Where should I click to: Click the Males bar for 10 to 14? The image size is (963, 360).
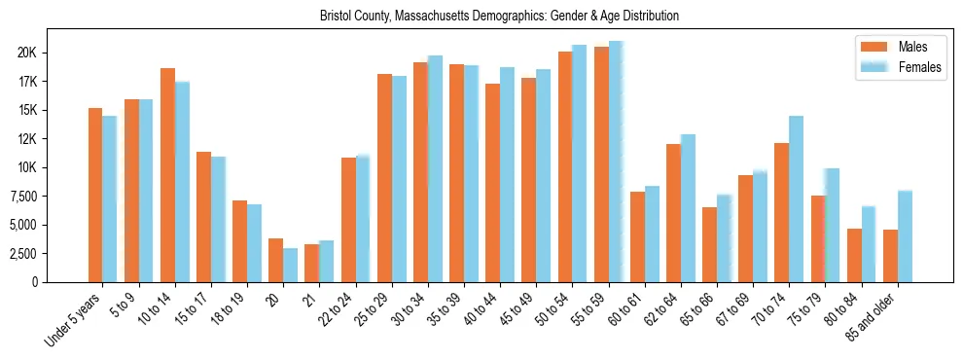pyautogui.click(x=167, y=175)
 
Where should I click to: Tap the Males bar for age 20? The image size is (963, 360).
pyautogui.click(x=275, y=260)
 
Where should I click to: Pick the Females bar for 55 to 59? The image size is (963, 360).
pyautogui.click(x=616, y=162)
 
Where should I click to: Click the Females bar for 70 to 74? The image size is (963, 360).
pyautogui.click(x=796, y=198)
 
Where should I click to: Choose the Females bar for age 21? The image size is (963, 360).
pyautogui.click(x=326, y=261)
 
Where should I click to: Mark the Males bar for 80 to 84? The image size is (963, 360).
pyautogui.click(x=854, y=255)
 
